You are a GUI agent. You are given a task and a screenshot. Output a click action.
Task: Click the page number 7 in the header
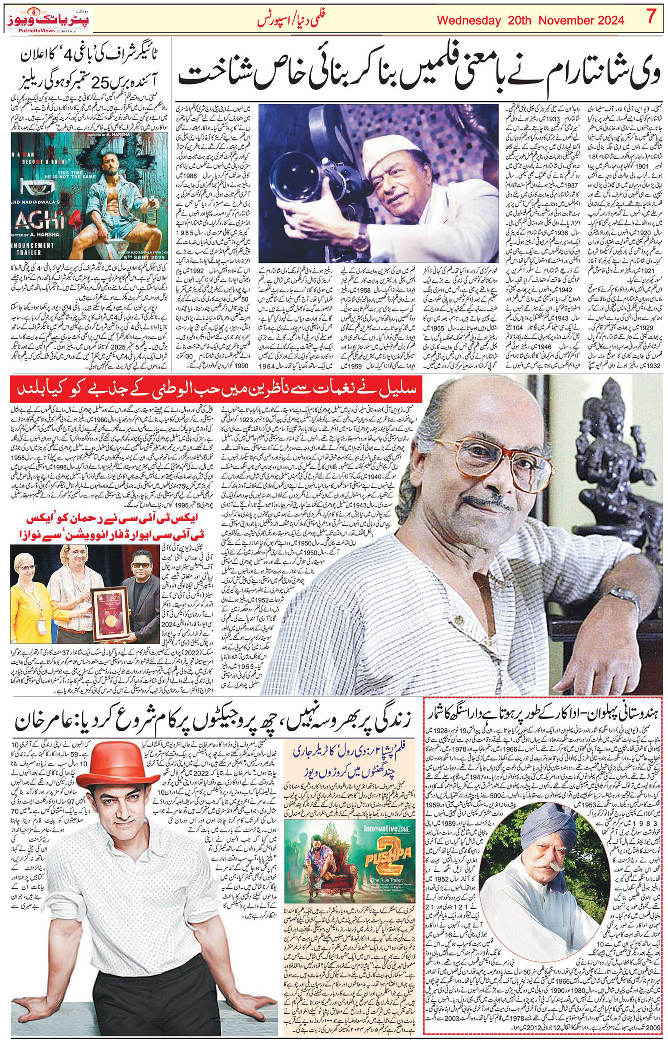pos(650,18)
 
